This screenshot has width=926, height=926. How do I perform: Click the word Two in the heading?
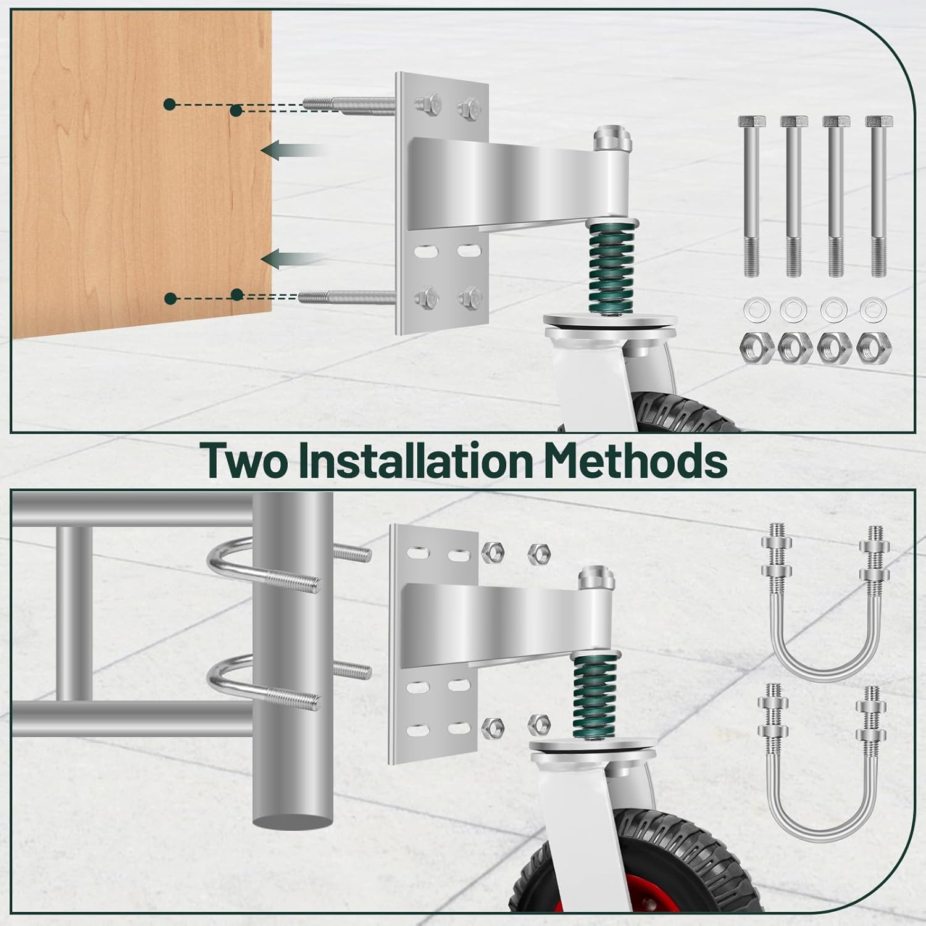tap(244, 461)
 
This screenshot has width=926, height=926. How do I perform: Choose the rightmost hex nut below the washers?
tap(874, 349)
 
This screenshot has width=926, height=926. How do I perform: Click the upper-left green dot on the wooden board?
tap(169, 105)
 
